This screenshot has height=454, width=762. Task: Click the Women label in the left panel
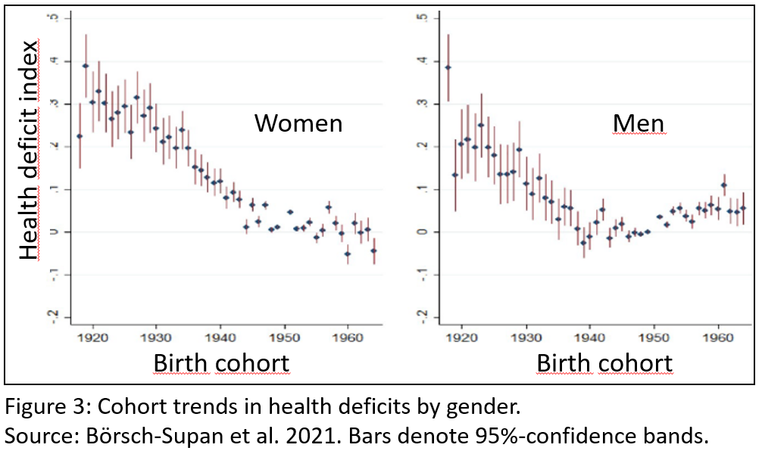click(x=298, y=123)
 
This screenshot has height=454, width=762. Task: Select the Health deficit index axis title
click(x=29, y=151)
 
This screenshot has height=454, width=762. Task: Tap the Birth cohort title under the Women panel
click(x=221, y=363)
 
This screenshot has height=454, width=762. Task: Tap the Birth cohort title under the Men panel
click(x=604, y=363)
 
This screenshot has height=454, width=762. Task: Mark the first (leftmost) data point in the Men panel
click(x=448, y=67)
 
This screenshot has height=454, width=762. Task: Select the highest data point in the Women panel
click(x=86, y=66)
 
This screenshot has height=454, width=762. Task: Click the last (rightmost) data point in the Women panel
click(x=373, y=250)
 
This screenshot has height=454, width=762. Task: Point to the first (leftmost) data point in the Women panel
click(x=80, y=136)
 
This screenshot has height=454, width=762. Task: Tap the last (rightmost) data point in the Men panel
click(x=743, y=208)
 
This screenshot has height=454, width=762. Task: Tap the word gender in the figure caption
click(x=483, y=408)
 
